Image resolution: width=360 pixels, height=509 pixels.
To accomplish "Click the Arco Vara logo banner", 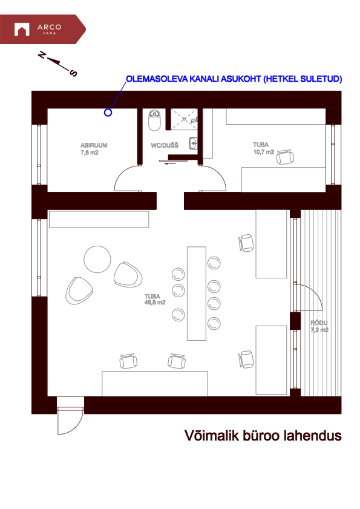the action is tap(42, 29).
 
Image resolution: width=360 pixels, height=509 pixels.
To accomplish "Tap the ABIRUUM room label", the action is tap(94, 145).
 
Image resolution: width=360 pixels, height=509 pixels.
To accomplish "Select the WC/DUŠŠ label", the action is tap(165, 145).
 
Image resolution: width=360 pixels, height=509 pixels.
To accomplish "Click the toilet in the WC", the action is tap(155, 120).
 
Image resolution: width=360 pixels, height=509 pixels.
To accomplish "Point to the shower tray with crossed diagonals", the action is tap(184, 119).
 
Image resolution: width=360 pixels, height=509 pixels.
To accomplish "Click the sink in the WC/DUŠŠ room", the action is tap(193, 143).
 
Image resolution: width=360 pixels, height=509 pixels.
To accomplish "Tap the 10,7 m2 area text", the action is tap(264, 152).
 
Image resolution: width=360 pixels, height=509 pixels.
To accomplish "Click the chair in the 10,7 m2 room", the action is tap(285, 157).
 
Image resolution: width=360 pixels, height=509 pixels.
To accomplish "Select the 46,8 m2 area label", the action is tap(155, 303).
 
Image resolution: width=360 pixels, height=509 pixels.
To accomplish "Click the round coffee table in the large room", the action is tap(97, 259).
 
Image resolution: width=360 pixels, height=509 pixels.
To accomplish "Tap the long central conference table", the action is tap(197, 294).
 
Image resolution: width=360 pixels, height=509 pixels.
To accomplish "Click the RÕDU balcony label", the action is tap(319, 323).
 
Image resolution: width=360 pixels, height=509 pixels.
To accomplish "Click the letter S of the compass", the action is tap(74, 73).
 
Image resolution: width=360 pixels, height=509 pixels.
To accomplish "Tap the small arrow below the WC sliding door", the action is tap(170, 163).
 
